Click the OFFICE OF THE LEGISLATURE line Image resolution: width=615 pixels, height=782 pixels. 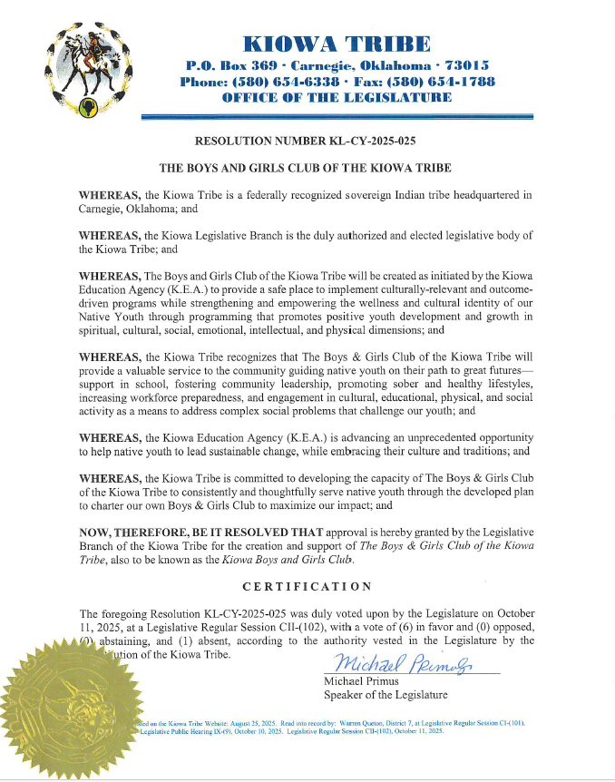coord(337,97)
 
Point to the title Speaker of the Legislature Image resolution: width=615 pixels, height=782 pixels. coord(386,695)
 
